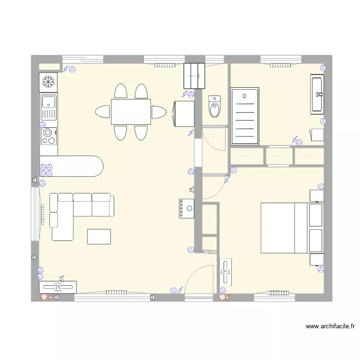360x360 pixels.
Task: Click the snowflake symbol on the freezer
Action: pyautogui.click(x=48, y=82)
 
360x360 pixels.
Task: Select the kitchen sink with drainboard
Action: pyautogui.click(x=48, y=107)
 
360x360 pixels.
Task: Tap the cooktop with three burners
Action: pyautogui.click(x=48, y=135)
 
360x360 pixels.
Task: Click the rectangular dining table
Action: pyautogui.click(x=131, y=112)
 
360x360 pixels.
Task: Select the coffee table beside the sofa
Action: pyautogui.click(x=99, y=236)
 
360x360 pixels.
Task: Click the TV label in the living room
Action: pyautogui.click(x=58, y=287)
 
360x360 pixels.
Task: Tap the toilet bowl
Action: pyautogui.click(x=215, y=107)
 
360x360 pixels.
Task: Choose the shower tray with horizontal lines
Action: pyautogui.click(x=245, y=116)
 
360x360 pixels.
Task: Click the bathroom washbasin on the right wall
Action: pyautogui.click(x=317, y=94)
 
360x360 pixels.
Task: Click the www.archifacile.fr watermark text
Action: pyautogui.click(x=330, y=326)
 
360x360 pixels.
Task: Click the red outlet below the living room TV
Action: pyautogui.click(x=45, y=298)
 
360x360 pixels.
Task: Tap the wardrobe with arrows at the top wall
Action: pyautogui.click(x=194, y=76)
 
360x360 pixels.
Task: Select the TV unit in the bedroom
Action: pyautogui.click(x=226, y=272)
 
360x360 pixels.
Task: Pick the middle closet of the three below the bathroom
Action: pyautogui.click(x=279, y=156)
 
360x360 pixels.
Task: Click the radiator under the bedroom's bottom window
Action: pyautogui.click(x=278, y=292)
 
